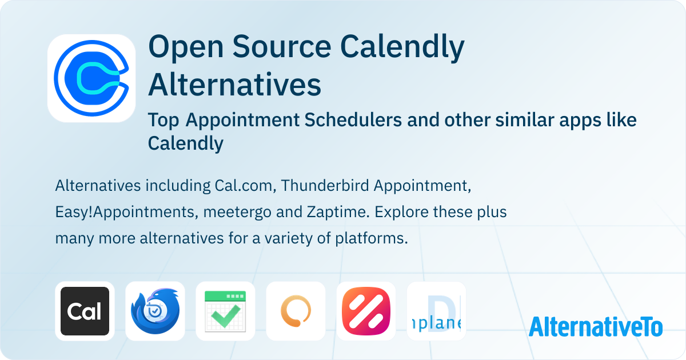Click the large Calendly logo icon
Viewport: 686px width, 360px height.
(91, 78)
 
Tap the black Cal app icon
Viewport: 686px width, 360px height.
(85, 311)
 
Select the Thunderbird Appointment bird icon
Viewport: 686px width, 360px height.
(155, 311)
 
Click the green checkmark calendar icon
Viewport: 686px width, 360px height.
(225, 311)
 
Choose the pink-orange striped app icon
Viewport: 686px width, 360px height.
(366, 311)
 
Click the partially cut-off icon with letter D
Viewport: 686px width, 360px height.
(436, 311)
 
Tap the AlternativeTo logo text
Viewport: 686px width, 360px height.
(596, 327)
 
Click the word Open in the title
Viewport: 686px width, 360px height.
(186, 47)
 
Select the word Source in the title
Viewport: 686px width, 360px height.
(282, 46)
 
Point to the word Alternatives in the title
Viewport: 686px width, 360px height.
(234, 85)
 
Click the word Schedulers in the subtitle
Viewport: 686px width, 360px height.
(353, 119)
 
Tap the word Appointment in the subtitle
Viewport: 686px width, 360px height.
(242, 120)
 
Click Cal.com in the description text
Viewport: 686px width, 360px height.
(244, 186)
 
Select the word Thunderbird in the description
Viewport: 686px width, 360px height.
(325, 186)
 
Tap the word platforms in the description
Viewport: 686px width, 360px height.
(372, 239)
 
